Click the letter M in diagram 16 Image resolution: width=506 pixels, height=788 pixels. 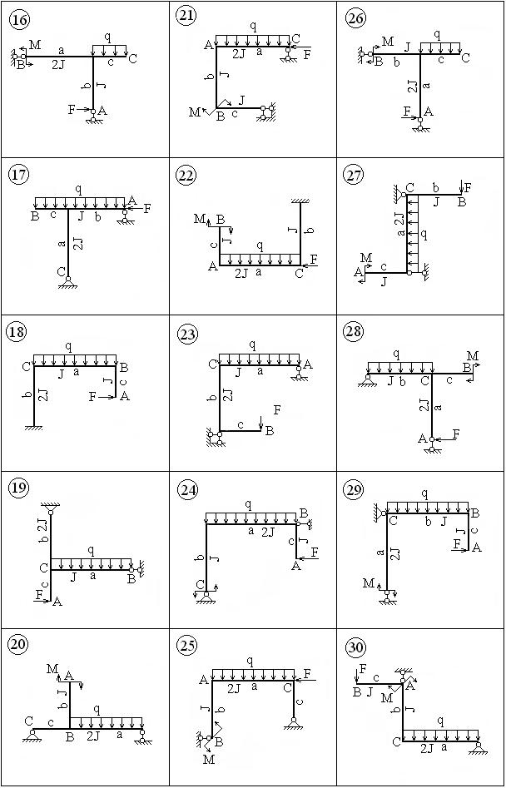coord(35,45)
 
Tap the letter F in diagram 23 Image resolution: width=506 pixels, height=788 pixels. coord(277,410)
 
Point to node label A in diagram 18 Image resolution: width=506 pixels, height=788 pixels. coord(125,397)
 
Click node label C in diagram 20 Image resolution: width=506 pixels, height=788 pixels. coord(28,721)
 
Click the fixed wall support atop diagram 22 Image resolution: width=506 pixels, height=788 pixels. coord(300,201)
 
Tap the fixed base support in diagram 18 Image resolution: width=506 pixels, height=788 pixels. coord(33,428)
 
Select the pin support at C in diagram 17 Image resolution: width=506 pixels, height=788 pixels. coord(68,282)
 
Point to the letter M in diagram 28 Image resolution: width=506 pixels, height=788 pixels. coord(473,356)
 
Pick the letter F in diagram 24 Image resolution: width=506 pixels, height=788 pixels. coord(315,553)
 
